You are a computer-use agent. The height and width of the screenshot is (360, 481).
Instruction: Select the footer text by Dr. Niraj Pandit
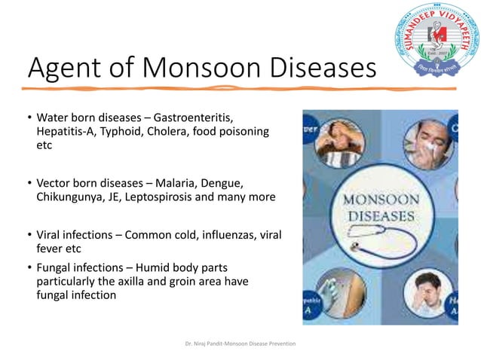pos(240,343)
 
